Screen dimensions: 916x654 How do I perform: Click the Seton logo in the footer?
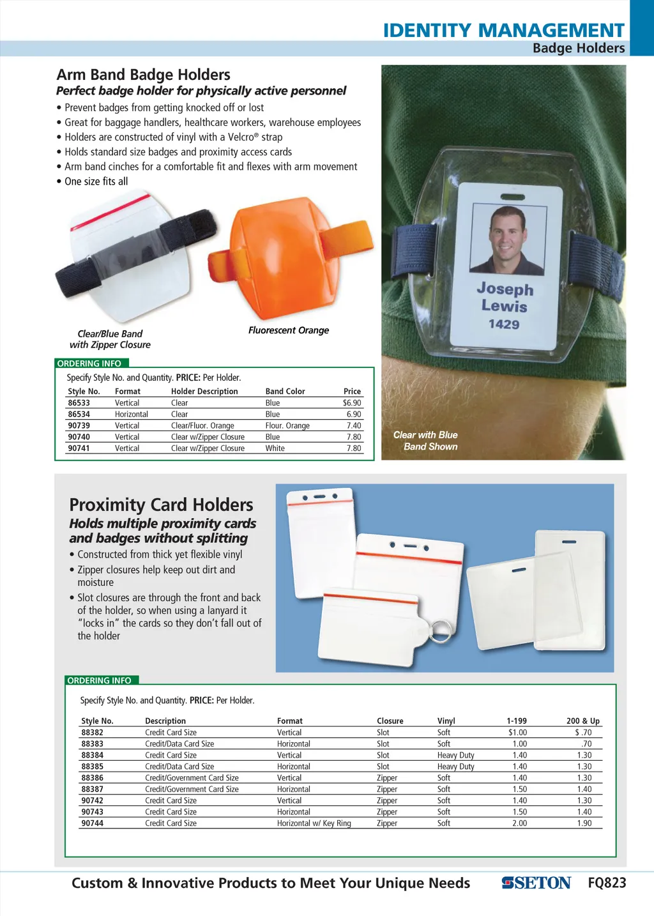coord(536,883)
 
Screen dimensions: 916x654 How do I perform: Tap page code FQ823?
coord(607,883)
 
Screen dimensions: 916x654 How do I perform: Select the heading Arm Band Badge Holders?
coord(143,75)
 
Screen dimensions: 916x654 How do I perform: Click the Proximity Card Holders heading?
coord(161,505)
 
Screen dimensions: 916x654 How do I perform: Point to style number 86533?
coord(79,403)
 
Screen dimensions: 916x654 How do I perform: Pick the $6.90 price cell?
coord(352,403)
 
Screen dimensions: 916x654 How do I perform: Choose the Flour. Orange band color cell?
coord(287,425)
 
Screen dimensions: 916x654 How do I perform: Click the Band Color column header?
coord(285,392)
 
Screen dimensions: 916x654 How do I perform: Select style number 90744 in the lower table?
coord(92,823)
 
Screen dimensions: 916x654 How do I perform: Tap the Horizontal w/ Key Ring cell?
coord(314,823)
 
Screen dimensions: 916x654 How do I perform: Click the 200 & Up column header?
coord(582,721)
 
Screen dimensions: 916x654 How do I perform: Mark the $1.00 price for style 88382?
coord(517,733)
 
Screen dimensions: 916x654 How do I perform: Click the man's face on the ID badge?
coord(508,233)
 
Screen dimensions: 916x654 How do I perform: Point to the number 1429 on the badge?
coord(504,324)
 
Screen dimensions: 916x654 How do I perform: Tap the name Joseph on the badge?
coord(505,289)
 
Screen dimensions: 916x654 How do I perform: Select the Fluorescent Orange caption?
coord(289,330)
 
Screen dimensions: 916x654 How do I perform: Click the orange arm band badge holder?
coord(281,259)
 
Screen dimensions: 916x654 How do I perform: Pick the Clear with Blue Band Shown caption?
coord(425,441)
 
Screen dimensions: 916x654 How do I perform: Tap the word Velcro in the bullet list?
coord(240,137)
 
